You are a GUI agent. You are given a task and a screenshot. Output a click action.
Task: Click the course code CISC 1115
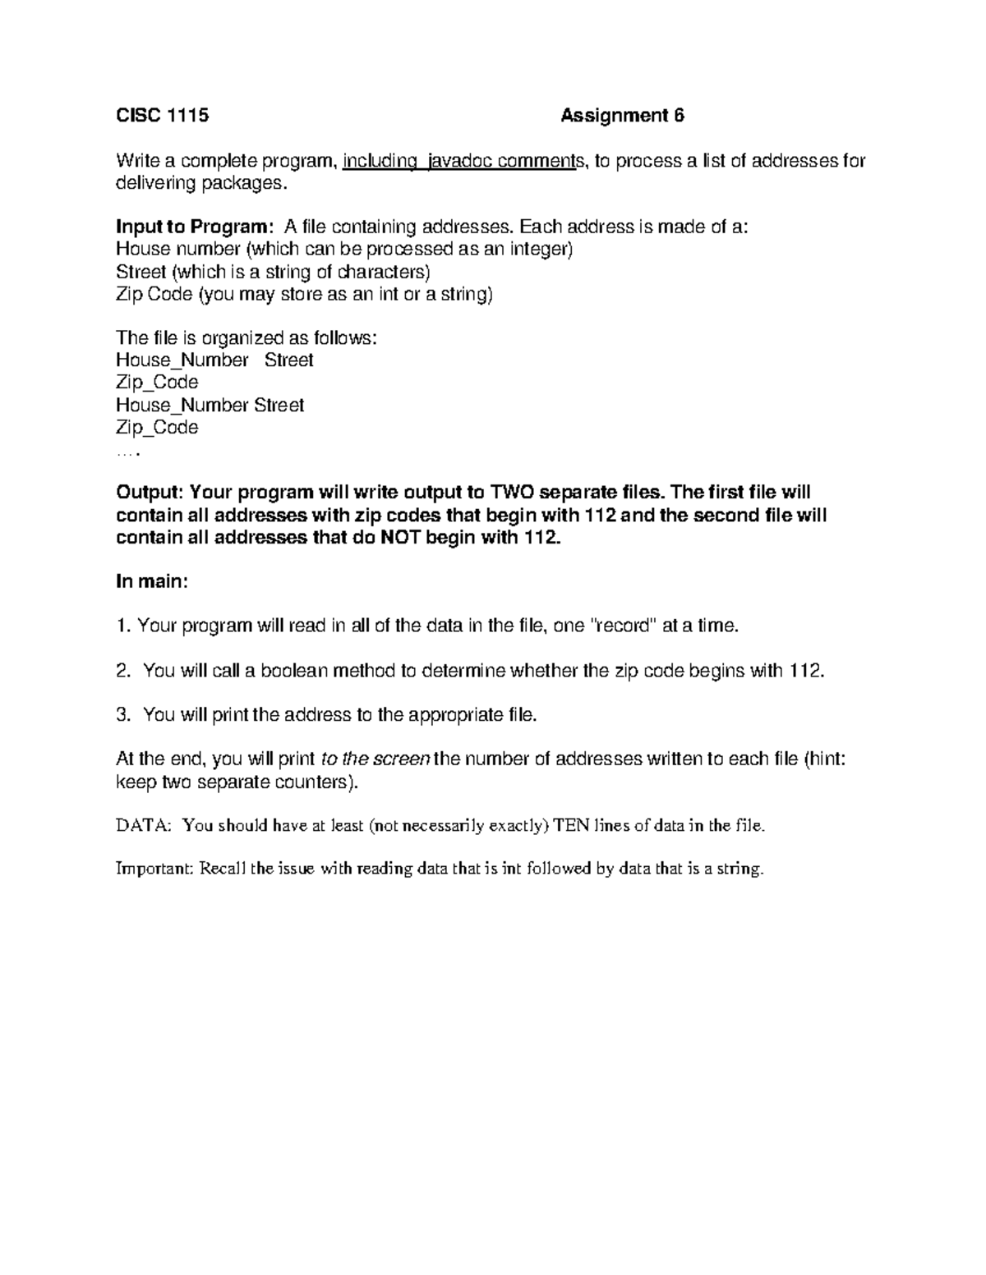[163, 116]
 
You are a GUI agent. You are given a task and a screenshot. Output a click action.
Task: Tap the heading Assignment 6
[622, 116]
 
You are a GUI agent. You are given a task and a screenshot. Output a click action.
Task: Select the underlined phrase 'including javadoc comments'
[461, 161]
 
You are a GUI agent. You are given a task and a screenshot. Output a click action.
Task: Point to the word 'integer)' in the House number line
[540, 249]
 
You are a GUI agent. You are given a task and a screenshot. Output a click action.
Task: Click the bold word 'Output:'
[150, 493]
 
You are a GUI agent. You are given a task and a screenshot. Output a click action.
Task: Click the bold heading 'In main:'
[152, 582]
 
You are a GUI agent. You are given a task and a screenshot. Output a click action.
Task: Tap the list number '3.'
[124, 715]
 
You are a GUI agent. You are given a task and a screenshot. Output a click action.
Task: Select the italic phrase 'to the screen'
[375, 759]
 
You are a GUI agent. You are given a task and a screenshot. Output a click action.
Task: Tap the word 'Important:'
[154, 869]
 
